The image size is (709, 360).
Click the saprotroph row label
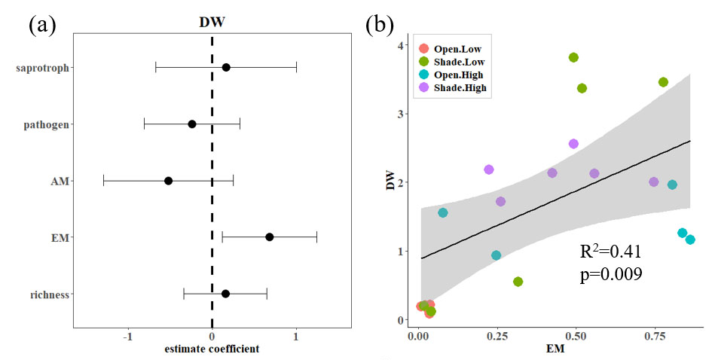[x=42, y=69]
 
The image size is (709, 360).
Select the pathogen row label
[x=46, y=124]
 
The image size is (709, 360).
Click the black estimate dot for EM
[x=269, y=237]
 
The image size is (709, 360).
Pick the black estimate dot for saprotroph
[x=226, y=68]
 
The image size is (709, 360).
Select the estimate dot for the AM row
[x=168, y=181]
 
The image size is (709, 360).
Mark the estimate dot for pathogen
[x=192, y=124]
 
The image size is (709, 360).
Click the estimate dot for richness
[x=225, y=294]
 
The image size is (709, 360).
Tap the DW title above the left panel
[x=212, y=23]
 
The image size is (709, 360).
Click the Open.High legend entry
[x=457, y=75]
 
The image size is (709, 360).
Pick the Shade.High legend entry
[x=459, y=87]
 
